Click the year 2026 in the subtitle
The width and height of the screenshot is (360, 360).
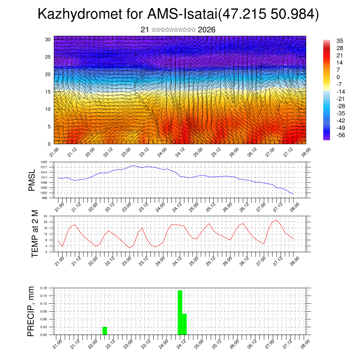click(207, 30)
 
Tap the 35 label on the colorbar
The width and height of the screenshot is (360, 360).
click(340, 41)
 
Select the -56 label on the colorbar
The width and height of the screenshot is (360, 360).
click(341, 135)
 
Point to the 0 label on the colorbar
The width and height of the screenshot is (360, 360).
click(338, 77)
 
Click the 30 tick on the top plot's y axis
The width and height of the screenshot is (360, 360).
click(48, 39)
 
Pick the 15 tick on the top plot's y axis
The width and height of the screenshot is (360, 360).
click(48, 92)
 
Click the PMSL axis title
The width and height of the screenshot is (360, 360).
click(32, 180)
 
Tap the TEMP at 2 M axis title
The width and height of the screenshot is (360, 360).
click(34, 234)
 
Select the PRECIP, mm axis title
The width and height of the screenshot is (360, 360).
click(32, 311)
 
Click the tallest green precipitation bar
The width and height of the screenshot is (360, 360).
click(180, 312)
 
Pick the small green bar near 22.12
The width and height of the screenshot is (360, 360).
click(105, 331)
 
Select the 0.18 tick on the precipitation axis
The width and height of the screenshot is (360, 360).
click(44, 288)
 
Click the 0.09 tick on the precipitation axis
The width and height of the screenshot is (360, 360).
click(44, 311)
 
